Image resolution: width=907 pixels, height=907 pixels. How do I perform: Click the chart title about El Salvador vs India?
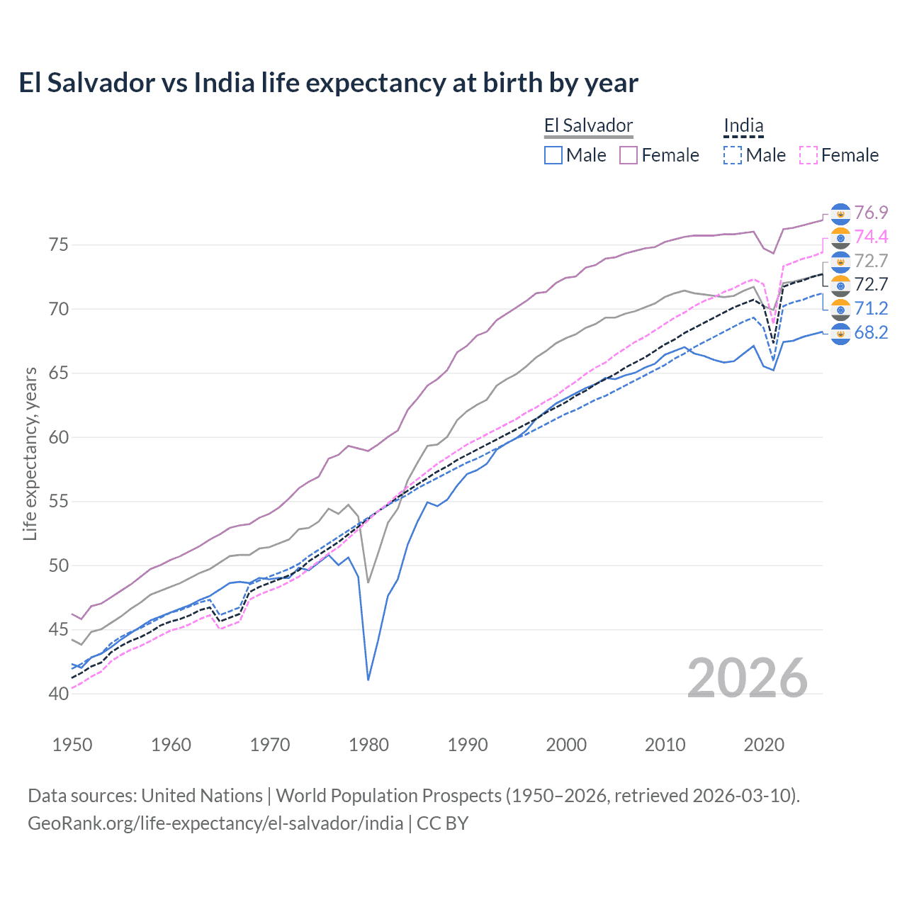click(328, 83)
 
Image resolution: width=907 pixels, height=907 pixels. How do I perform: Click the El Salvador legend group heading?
click(588, 126)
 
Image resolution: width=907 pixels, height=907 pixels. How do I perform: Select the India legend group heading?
click(743, 126)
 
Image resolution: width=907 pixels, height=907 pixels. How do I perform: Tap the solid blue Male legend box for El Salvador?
click(553, 155)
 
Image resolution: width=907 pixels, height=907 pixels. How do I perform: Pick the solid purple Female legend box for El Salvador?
click(629, 155)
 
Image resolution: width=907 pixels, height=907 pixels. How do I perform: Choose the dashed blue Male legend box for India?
click(733, 155)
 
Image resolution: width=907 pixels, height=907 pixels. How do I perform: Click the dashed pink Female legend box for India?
click(809, 155)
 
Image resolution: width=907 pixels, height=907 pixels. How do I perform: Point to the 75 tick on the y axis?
click(59, 245)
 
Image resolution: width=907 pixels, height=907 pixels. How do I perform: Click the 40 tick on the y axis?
click(59, 694)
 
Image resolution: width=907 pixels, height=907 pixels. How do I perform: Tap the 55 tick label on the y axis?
click(59, 502)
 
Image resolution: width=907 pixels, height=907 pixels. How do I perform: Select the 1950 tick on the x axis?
click(72, 745)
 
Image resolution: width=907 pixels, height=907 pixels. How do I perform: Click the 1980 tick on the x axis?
click(368, 745)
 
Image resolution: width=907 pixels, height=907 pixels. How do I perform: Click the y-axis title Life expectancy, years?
click(30, 453)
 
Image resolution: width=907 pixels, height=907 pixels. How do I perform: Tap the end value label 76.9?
click(871, 213)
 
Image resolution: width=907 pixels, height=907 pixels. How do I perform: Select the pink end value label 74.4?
click(871, 237)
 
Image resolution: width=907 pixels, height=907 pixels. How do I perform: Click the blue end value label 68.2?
click(871, 332)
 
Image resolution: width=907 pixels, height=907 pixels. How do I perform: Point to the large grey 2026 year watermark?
click(748, 678)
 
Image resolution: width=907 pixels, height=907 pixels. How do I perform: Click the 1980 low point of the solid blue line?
click(368, 680)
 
